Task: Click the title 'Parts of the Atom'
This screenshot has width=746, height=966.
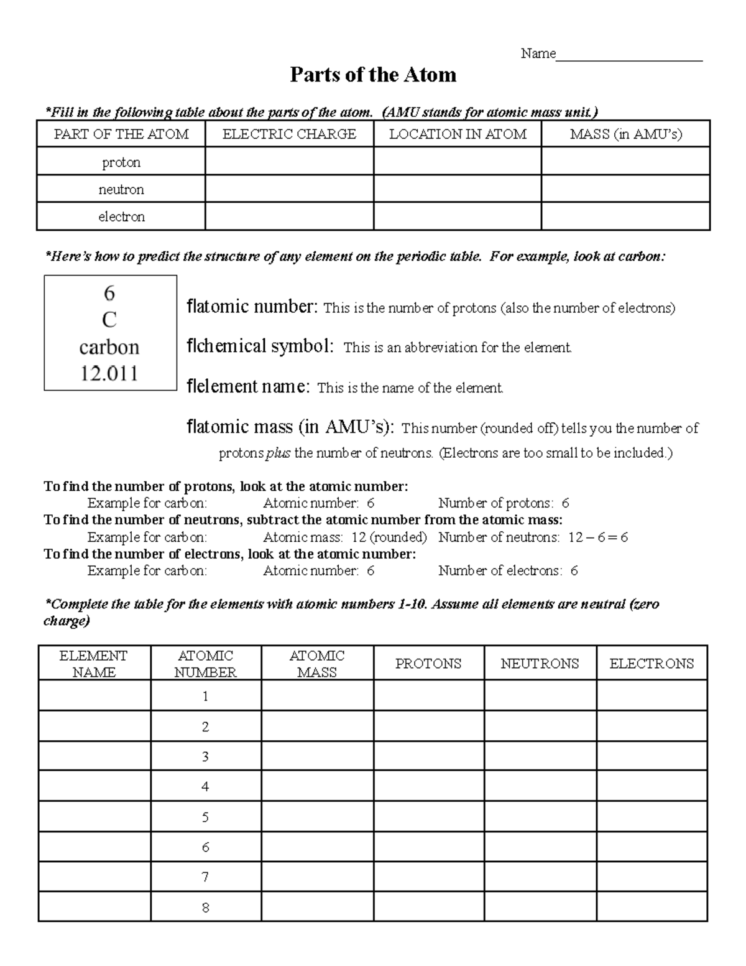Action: tap(373, 75)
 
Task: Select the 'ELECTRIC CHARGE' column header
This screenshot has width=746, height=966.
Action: tap(289, 134)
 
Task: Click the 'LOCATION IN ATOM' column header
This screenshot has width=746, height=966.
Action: tap(458, 134)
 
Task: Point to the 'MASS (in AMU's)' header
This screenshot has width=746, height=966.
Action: tap(625, 134)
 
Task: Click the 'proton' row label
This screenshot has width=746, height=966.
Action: tap(121, 162)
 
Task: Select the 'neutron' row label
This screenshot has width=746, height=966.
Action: tap(121, 189)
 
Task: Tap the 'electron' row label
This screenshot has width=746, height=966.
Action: tap(121, 216)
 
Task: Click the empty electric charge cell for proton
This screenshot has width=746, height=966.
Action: tap(289, 162)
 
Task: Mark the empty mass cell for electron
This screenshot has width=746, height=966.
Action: tap(625, 216)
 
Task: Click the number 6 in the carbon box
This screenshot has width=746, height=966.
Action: tap(109, 292)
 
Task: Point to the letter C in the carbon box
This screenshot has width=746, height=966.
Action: tap(109, 320)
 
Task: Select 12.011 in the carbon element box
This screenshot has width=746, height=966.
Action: tap(109, 373)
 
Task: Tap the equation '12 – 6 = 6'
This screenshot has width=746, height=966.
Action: tap(597, 537)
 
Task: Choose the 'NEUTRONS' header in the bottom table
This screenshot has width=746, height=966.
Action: tap(540, 664)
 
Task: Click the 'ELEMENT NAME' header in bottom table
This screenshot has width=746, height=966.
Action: tap(93, 664)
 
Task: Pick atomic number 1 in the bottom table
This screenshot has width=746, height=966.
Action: tap(205, 696)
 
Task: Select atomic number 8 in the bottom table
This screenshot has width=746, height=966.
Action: tap(205, 908)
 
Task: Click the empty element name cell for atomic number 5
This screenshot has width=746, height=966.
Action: tap(94, 817)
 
